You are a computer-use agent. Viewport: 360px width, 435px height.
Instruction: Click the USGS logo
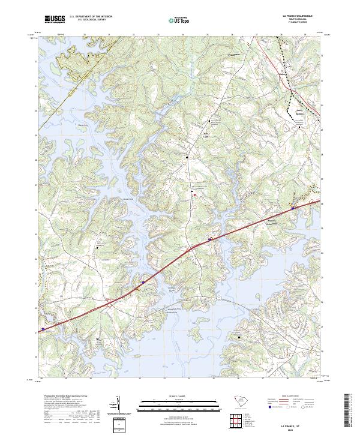(x=55, y=20)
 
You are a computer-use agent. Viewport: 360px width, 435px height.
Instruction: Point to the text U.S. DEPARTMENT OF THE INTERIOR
(x=89, y=17)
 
